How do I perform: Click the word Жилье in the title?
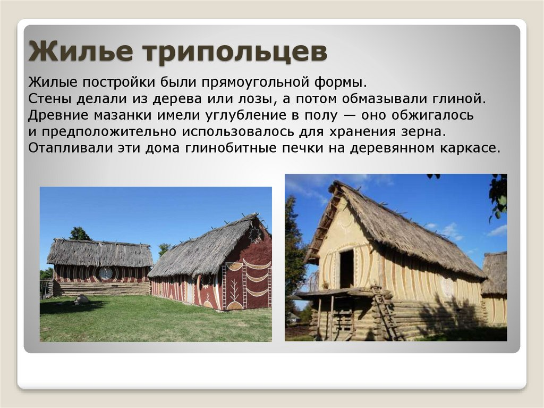click(x=81, y=51)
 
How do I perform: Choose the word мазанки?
click(x=123, y=115)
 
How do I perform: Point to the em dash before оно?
click(x=349, y=116)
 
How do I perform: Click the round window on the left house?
click(x=105, y=273)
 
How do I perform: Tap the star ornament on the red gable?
click(x=255, y=234)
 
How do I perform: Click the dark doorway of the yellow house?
click(x=346, y=269)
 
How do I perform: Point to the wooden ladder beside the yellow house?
click(x=387, y=312)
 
